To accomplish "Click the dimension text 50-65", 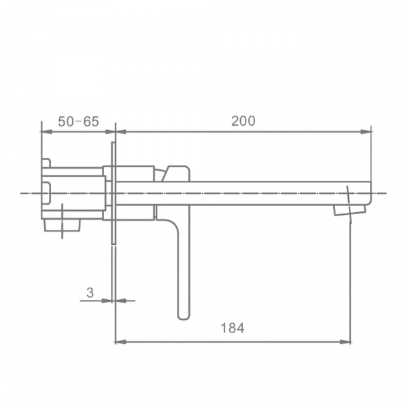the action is coord(78,122).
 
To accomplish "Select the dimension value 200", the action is coord(243,121).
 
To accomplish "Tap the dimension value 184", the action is coord(233,328).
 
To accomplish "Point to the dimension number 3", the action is coord(90,292).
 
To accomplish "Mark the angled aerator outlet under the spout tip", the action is coord(350,209).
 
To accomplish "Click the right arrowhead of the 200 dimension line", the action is coord(366,132).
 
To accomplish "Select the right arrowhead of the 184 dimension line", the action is coord(345,341).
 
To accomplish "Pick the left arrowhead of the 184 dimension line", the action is coord(121,341).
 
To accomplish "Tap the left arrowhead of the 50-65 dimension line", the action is coord(47,132).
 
